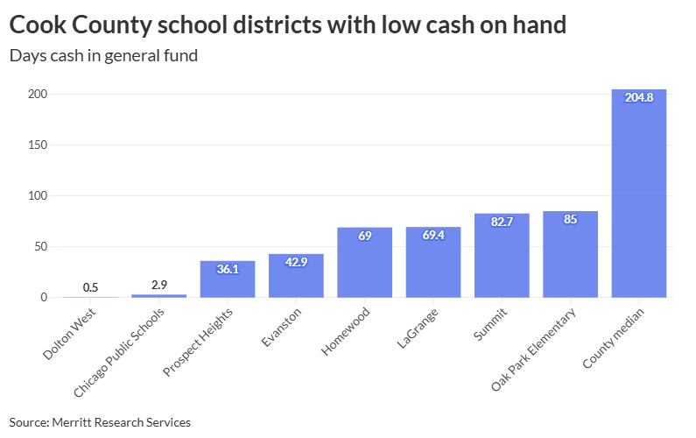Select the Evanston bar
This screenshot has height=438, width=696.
[x=296, y=277]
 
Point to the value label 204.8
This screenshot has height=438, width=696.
[x=638, y=97]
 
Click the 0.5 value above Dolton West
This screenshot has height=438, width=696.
[x=90, y=287]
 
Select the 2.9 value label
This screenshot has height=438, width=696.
[x=158, y=285]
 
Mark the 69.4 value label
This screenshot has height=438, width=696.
[x=433, y=236]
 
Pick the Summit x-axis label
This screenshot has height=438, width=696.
[x=488, y=324]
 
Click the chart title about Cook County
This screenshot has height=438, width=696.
[x=287, y=25]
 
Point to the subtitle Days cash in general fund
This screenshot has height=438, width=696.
[x=103, y=56]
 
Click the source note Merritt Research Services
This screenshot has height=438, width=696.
[x=100, y=422]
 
